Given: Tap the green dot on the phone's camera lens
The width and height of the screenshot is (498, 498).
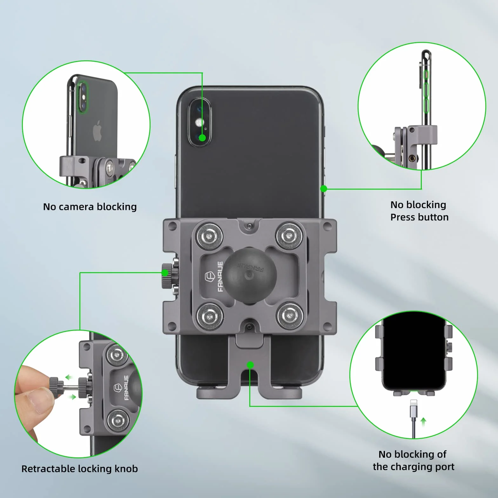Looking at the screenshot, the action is pos(202,138).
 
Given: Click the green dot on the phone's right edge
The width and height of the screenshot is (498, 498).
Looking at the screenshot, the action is pos(324,189).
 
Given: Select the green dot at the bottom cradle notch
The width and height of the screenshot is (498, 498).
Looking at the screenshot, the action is pos(250,365).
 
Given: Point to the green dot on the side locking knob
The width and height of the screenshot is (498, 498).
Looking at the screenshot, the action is pos(165,273).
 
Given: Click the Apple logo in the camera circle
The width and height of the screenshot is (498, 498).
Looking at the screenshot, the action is pos(97,131).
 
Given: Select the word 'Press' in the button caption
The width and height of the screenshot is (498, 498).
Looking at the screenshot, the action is pos(403,217).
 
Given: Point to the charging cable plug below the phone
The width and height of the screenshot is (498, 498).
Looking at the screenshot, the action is pos(413,408).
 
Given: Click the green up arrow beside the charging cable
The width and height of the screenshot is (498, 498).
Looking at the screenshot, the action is pos(423,422).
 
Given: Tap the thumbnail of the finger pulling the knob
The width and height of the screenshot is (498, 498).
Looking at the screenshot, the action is pos(78,394).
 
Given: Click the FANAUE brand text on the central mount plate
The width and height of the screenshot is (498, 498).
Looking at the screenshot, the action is pos(220,276).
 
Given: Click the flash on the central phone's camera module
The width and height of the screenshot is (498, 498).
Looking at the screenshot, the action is pos(199,123).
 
